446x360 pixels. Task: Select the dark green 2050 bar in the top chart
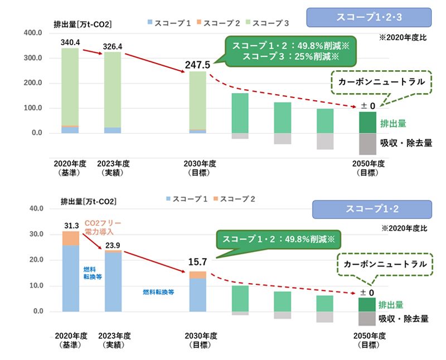367,123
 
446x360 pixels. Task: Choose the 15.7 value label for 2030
197,262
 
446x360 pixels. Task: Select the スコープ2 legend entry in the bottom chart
234,199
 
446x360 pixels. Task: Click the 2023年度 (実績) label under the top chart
113,168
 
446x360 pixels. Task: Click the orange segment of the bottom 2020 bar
70,238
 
